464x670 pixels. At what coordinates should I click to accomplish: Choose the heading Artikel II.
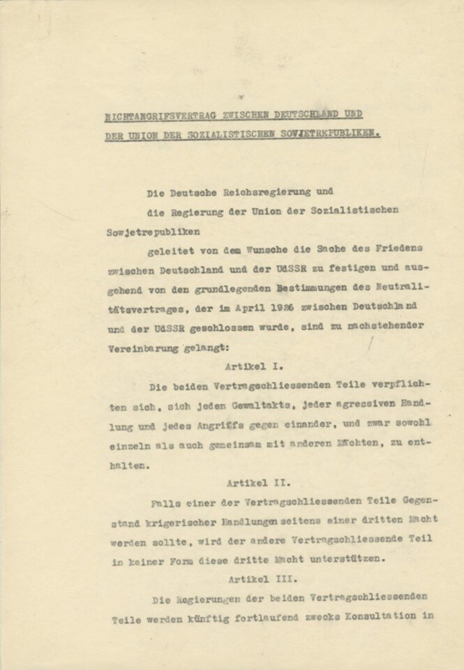[258, 482]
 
